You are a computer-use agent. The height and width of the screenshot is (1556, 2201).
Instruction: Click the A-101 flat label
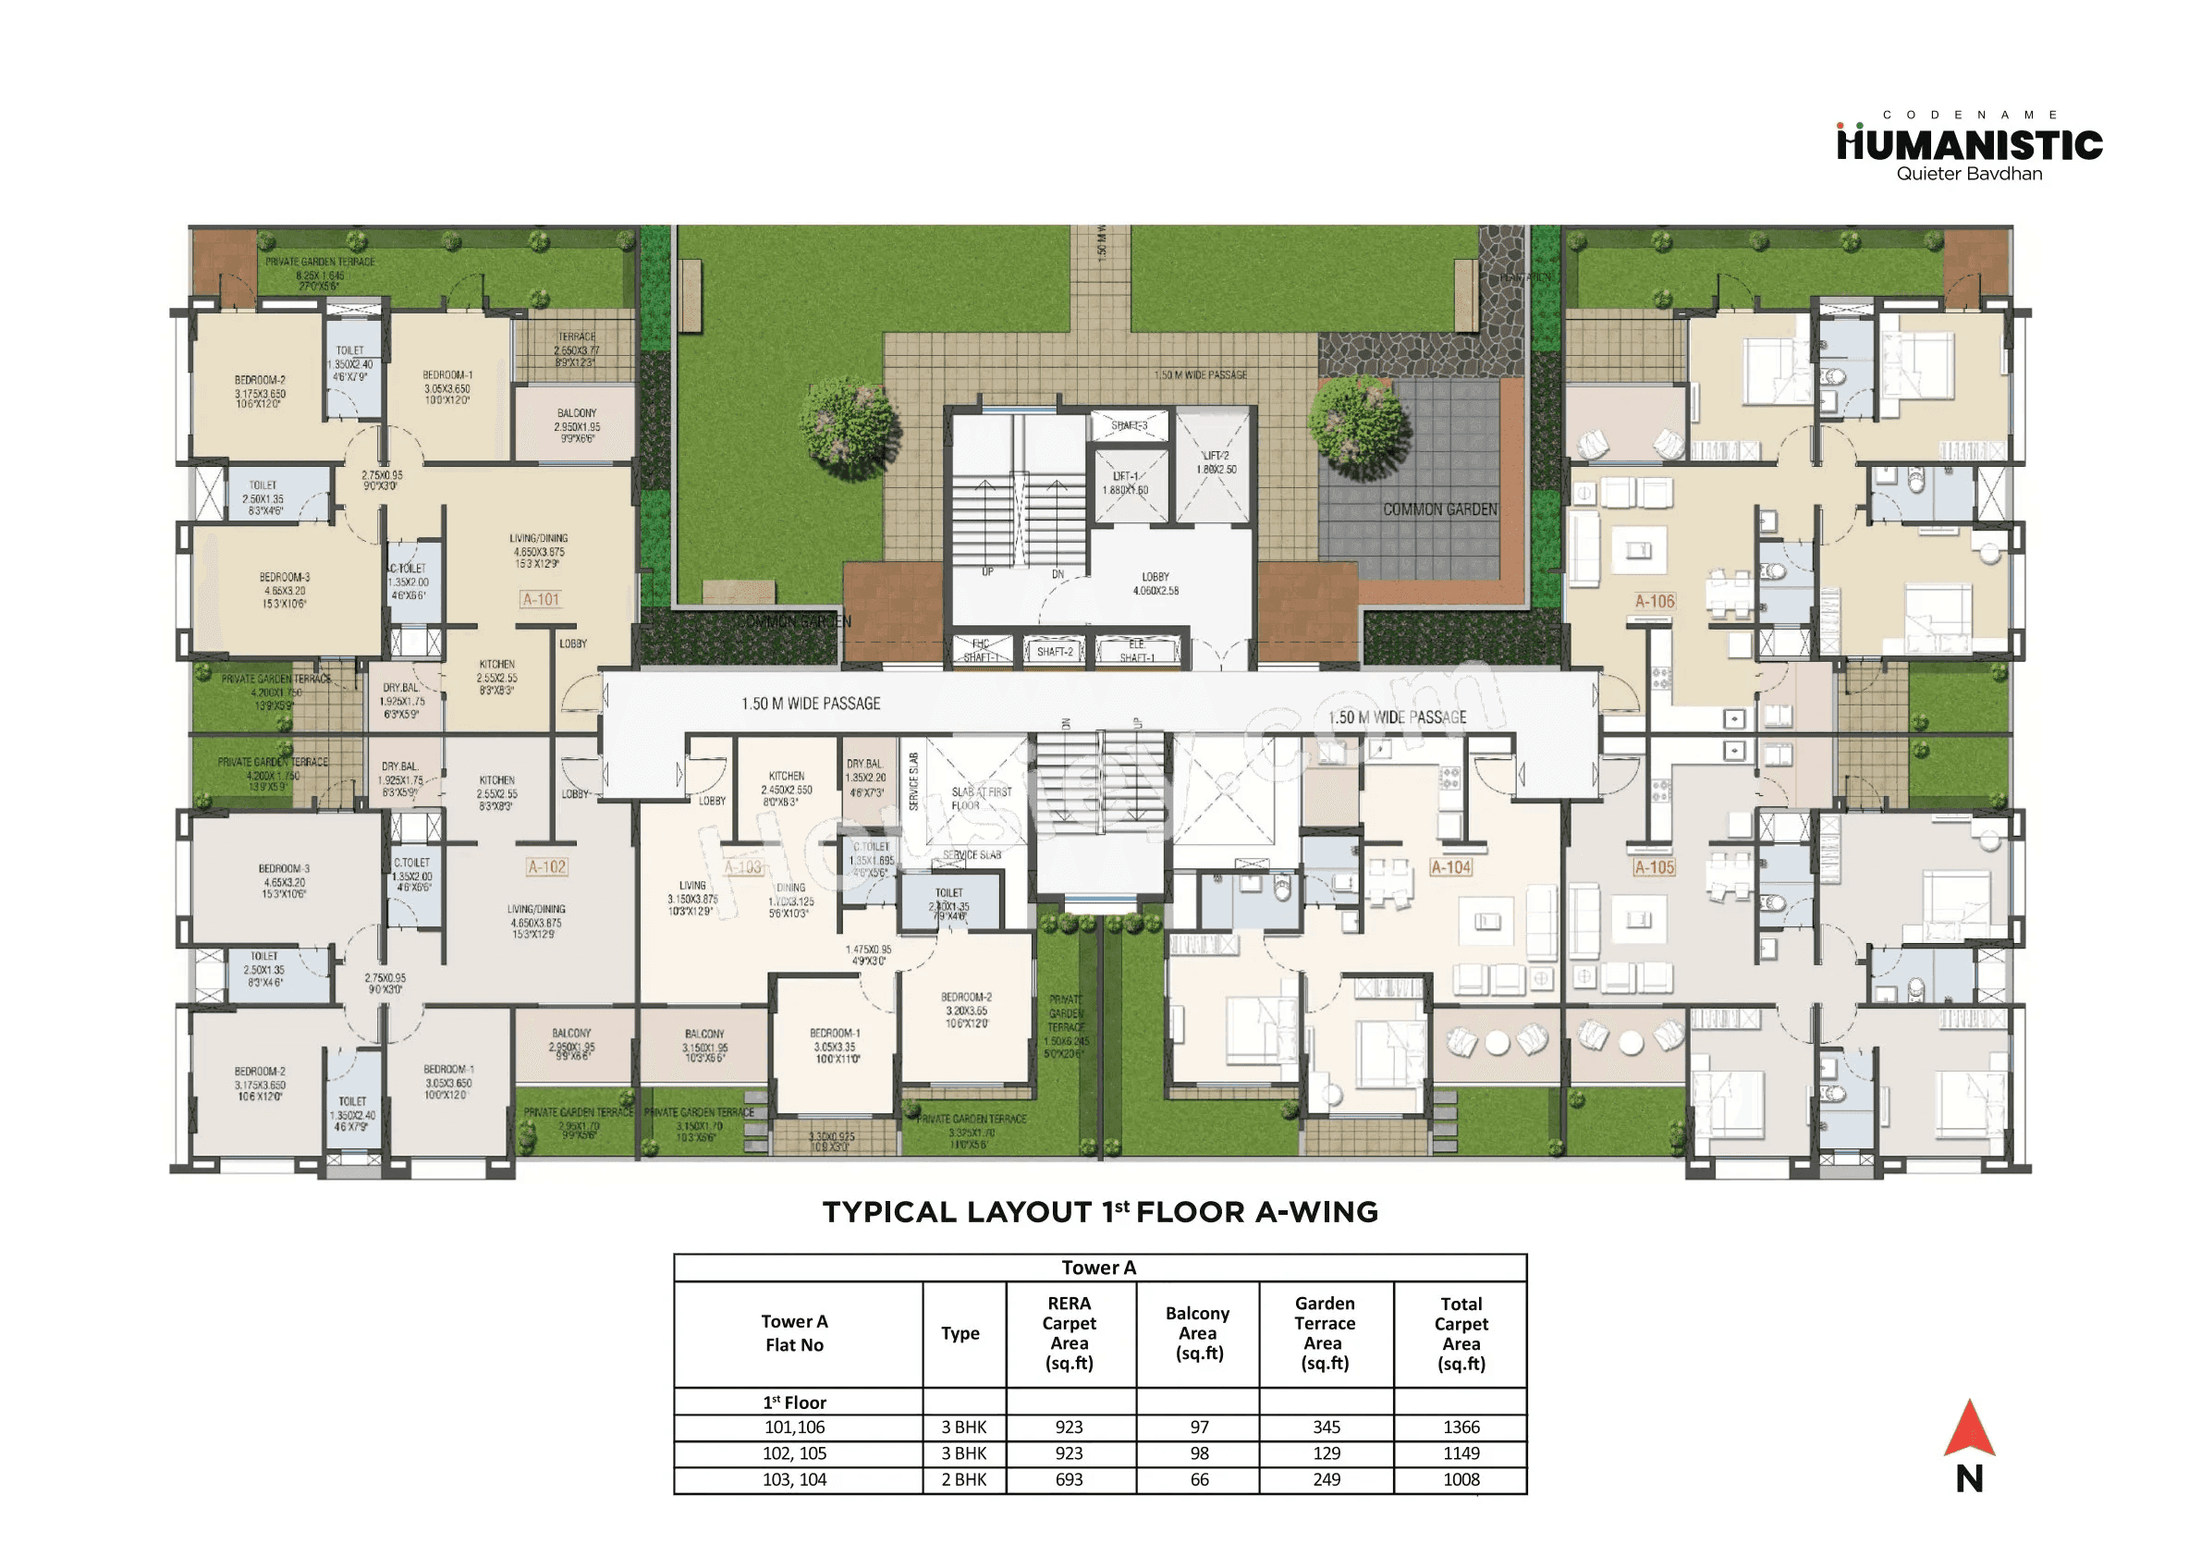(x=542, y=600)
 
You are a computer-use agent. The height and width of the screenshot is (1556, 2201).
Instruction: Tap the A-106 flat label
(x=1655, y=602)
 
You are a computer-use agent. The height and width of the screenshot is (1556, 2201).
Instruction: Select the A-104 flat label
(x=1450, y=867)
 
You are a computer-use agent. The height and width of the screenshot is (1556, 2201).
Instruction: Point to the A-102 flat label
(x=547, y=867)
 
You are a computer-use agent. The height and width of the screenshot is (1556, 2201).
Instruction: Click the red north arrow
(x=1969, y=1430)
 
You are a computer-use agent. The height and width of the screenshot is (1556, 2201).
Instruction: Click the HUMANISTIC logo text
(x=1969, y=146)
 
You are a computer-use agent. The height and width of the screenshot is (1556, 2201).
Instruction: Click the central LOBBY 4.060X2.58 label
(x=1156, y=584)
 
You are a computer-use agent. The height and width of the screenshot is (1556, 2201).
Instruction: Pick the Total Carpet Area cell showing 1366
(x=1461, y=1427)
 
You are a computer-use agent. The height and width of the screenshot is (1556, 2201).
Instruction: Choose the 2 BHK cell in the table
(x=963, y=1480)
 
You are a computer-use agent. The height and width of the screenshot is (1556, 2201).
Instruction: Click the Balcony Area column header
(x=1198, y=1333)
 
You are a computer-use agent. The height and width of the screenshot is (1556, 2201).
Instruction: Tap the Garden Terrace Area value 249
(x=1327, y=1480)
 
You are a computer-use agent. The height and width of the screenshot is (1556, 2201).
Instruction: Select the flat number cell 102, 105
(x=794, y=1454)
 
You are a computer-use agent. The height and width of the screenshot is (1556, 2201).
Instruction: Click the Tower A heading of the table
(x=1098, y=1268)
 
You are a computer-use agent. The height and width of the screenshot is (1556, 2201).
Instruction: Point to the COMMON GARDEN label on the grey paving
(x=1439, y=510)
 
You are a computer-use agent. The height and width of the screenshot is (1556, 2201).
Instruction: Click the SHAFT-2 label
(x=1055, y=652)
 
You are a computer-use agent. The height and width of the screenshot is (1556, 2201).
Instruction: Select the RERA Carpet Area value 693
(x=1069, y=1480)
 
